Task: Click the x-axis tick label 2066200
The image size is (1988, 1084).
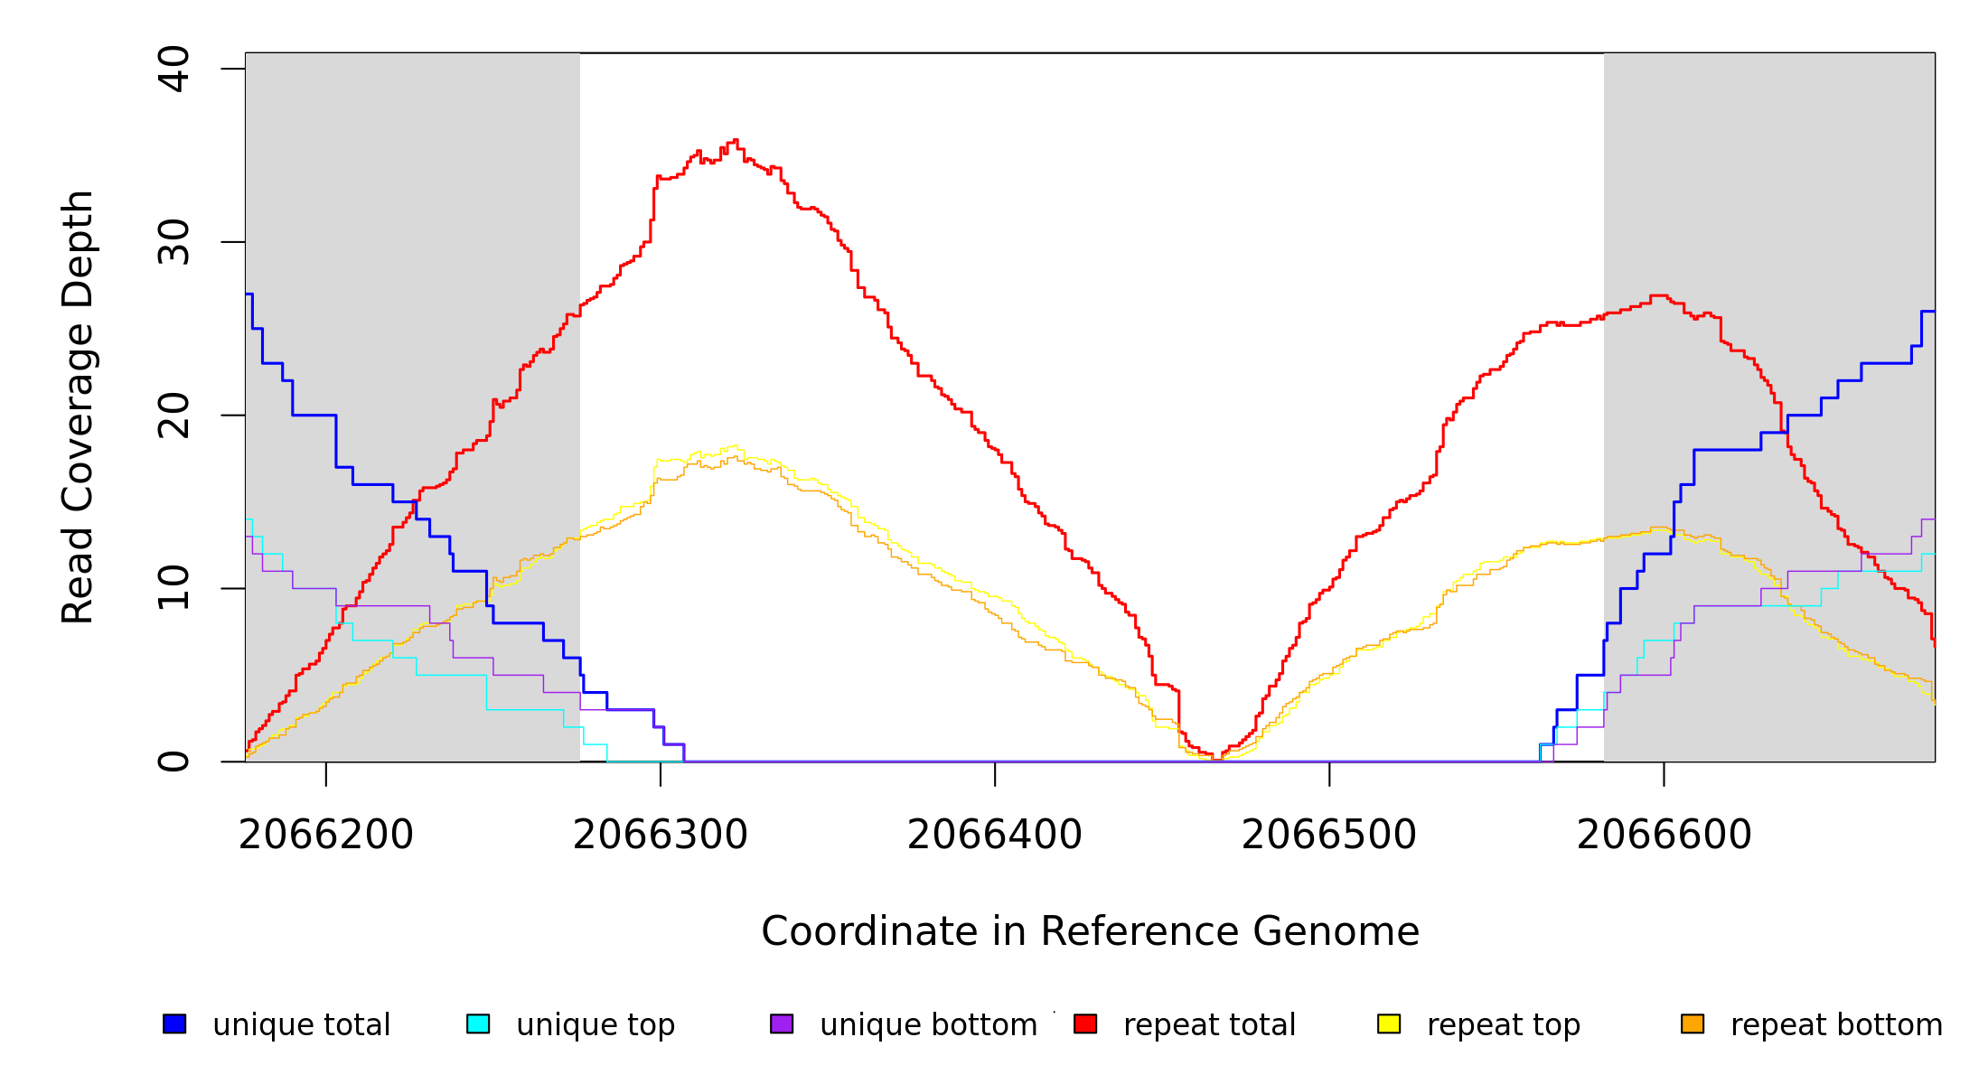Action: click(325, 835)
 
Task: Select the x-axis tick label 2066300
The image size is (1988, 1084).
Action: click(660, 835)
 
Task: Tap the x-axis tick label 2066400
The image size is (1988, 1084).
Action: click(994, 835)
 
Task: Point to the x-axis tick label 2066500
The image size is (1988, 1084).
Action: click(1328, 835)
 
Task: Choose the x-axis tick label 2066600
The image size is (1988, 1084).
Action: click(1664, 835)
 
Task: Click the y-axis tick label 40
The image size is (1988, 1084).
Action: click(173, 69)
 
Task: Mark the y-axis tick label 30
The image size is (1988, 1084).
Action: click(173, 242)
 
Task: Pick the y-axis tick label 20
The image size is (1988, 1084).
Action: click(173, 416)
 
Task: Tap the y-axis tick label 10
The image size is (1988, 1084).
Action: click(173, 588)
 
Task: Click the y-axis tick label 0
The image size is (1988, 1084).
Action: click(173, 762)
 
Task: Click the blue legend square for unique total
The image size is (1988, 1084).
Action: click(174, 1024)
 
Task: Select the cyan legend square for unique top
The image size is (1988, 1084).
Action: click(478, 1024)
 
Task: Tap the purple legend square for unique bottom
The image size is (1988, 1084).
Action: click(782, 1024)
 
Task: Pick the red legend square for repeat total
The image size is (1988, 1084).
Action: click(1085, 1024)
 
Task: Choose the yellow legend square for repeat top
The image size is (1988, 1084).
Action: click(1389, 1024)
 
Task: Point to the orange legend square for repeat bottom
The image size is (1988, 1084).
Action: click(1693, 1024)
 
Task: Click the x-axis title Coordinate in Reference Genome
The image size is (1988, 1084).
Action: click(1090, 931)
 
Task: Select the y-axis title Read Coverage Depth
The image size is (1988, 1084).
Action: click(78, 406)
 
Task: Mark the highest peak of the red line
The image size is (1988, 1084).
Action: click(736, 140)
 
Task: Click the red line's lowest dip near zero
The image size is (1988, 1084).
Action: click(1216, 758)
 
